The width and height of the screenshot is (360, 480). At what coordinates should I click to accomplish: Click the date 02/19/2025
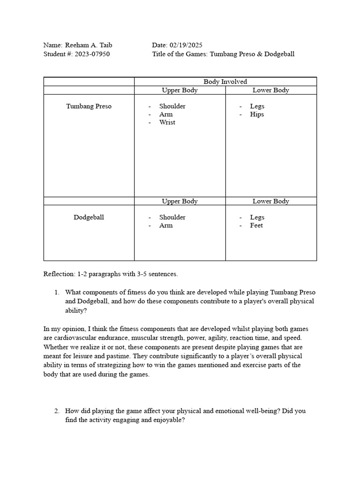point(186,45)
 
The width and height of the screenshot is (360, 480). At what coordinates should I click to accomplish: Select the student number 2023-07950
point(91,54)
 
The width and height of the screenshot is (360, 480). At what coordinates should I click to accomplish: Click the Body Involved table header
point(225,82)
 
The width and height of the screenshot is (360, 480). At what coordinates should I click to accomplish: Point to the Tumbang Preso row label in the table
point(89,106)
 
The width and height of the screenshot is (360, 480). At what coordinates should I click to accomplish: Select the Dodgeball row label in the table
point(89,217)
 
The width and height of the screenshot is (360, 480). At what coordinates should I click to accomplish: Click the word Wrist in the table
point(167,122)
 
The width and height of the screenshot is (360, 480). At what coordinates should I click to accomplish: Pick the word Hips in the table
point(257,114)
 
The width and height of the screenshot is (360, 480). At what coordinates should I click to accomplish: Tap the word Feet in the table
point(256,225)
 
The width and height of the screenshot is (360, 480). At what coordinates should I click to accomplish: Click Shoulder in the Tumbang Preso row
point(172,106)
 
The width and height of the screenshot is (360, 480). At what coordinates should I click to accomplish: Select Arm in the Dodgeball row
point(165,225)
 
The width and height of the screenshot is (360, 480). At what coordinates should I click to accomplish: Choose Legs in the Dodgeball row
point(257,217)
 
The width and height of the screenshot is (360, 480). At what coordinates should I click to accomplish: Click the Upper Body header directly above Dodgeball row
point(180,201)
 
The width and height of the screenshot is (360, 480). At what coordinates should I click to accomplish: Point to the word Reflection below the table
point(59,274)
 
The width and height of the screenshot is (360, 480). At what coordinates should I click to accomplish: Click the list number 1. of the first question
point(56,292)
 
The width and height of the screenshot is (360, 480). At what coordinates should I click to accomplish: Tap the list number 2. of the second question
point(56,411)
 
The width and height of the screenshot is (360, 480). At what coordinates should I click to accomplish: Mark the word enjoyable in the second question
point(169,420)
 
